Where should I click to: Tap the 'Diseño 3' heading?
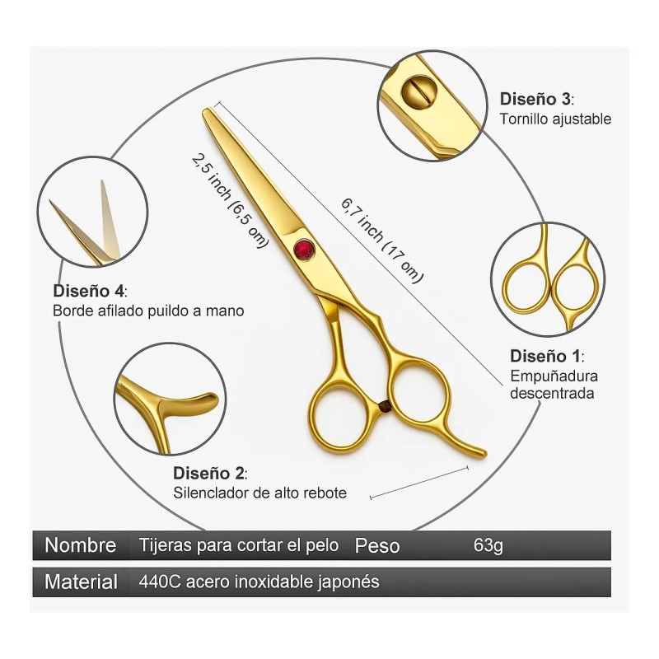pyautogui.click(x=535, y=99)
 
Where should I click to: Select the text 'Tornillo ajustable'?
pyautogui.click(x=555, y=119)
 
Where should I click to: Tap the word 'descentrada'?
pyautogui.click(x=552, y=393)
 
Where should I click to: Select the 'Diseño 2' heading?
pyautogui.click(x=210, y=474)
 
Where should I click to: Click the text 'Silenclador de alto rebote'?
pyautogui.click(x=259, y=493)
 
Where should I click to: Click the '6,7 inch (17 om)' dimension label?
pyautogui.click(x=381, y=240)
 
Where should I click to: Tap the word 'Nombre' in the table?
pyautogui.click(x=80, y=545)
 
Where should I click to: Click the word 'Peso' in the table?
pyautogui.click(x=377, y=545)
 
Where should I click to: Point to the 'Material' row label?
pyautogui.click(x=81, y=582)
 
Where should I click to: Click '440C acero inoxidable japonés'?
pyautogui.click(x=259, y=582)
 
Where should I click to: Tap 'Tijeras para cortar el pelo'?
pyautogui.click(x=239, y=545)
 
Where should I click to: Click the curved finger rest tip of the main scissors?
pyautogui.click(x=478, y=452)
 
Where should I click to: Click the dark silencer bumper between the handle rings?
pyautogui.click(x=385, y=404)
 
